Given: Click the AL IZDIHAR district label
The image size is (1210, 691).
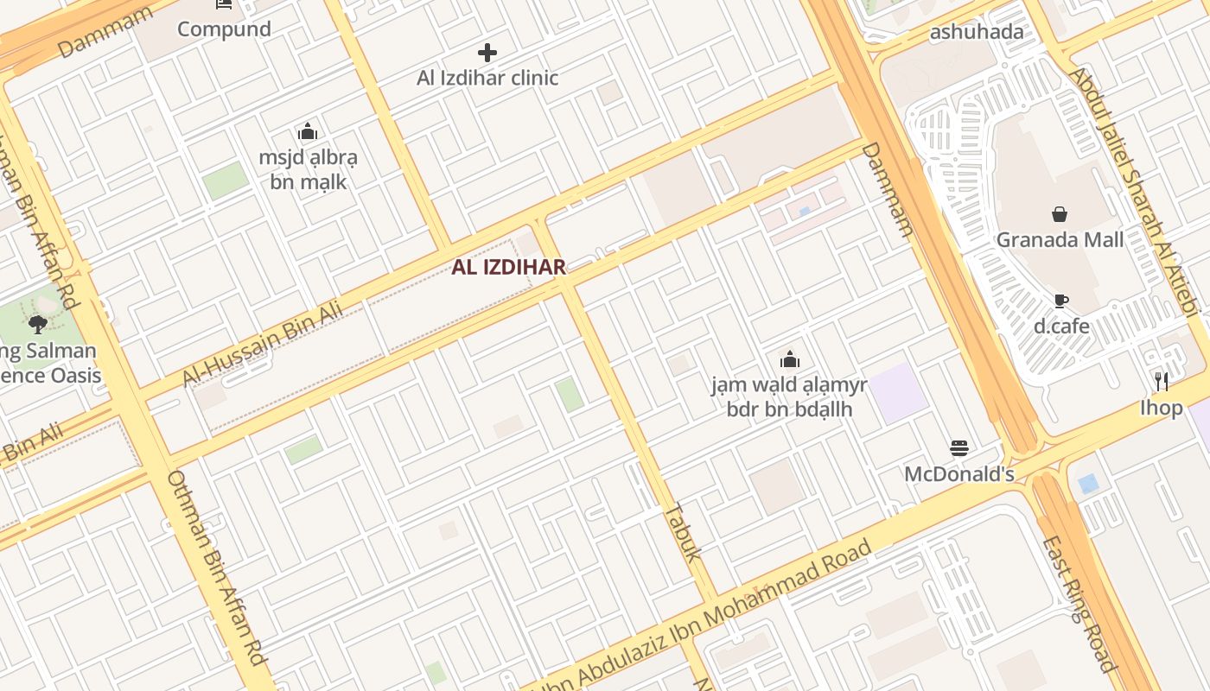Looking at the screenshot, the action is [508, 267].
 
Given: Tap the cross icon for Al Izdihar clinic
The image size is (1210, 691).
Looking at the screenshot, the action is [487, 53].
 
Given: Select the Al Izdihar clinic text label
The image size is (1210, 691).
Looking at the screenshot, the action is [487, 78].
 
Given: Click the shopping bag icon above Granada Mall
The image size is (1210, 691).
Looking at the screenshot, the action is [1060, 214].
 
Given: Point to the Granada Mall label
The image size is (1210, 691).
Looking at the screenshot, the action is [1060, 239].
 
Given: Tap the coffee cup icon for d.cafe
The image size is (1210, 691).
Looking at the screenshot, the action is [1060, 301].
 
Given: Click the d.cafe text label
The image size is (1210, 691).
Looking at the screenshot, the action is [1061, 326].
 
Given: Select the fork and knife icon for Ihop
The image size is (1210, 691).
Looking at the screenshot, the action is [1162, 381].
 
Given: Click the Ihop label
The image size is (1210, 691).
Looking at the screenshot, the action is [1161, 407].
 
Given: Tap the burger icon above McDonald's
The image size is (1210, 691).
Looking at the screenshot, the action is [958, 447].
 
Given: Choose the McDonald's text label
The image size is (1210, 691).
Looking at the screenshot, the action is [958, 474].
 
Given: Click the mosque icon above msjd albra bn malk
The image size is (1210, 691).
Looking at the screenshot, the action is [308, 132].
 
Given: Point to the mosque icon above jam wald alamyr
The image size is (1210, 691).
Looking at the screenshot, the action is [789, 359].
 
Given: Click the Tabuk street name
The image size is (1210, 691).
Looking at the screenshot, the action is [682, 532].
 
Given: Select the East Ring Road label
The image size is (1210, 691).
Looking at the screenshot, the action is [1079, 603].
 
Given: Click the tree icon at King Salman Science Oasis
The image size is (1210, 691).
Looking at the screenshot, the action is [37, 325].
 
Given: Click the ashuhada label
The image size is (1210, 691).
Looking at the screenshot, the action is [976, 32].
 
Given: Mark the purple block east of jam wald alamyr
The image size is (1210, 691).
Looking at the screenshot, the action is [898, 393].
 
